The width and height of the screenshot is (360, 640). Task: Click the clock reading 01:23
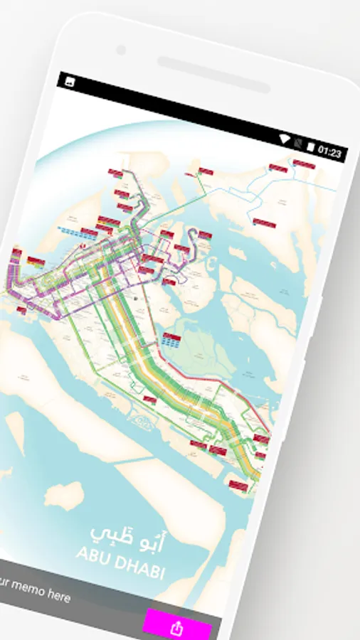330,151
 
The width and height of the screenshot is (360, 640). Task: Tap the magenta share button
176,626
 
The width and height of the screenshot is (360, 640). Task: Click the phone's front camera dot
120,50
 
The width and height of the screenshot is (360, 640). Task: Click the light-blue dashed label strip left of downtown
70,232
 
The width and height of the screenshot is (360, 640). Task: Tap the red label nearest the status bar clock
303,164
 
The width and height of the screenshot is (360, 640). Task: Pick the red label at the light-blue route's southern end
263,224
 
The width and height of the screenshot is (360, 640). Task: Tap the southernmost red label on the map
239,486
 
